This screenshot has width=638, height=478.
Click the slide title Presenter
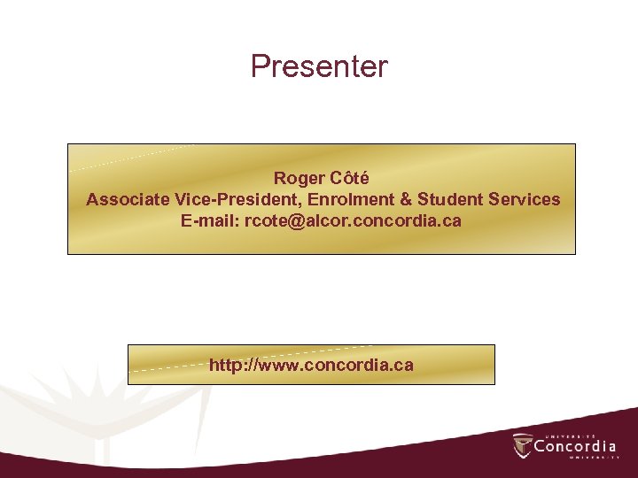[319, 66]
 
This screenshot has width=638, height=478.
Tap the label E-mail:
[211, 220]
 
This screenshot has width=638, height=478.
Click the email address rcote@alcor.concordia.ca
[354, 220]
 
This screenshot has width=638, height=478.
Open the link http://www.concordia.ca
[311, 365]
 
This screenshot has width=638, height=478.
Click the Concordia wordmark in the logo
[575, 446]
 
